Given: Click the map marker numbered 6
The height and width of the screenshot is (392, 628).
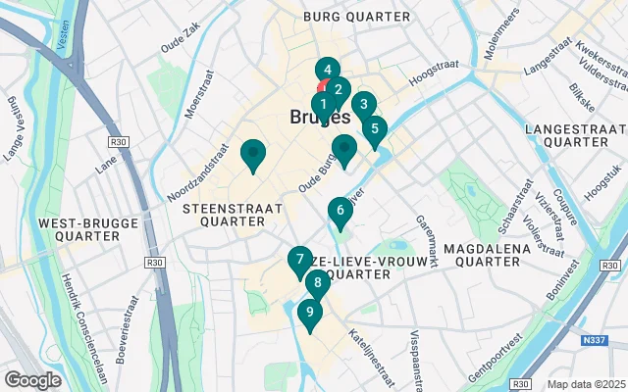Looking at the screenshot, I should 340,211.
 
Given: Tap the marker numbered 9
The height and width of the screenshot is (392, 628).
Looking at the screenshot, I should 309,314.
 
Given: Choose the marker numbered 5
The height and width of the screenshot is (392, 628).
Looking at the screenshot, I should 374,128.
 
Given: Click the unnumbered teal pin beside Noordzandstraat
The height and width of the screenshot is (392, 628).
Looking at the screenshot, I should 253,154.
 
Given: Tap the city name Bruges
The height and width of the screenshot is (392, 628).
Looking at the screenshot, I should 320,117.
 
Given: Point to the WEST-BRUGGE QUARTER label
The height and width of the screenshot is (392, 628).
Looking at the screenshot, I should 78,230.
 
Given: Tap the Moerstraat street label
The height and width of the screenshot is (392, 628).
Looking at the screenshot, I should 198,90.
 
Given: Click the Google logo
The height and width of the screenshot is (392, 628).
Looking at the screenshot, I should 32,379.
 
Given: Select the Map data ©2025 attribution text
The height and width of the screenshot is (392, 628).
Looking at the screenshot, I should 585,384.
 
